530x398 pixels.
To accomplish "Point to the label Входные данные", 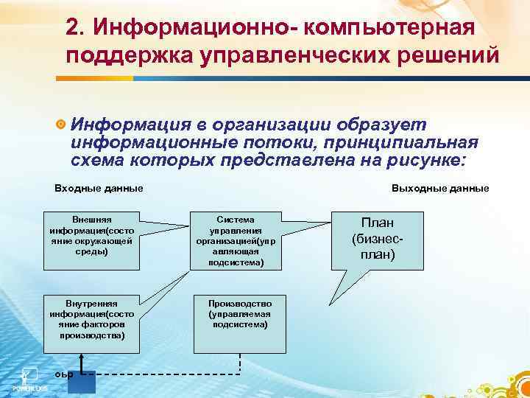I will (99, 188).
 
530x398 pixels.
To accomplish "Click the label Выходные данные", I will (440, 188).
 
